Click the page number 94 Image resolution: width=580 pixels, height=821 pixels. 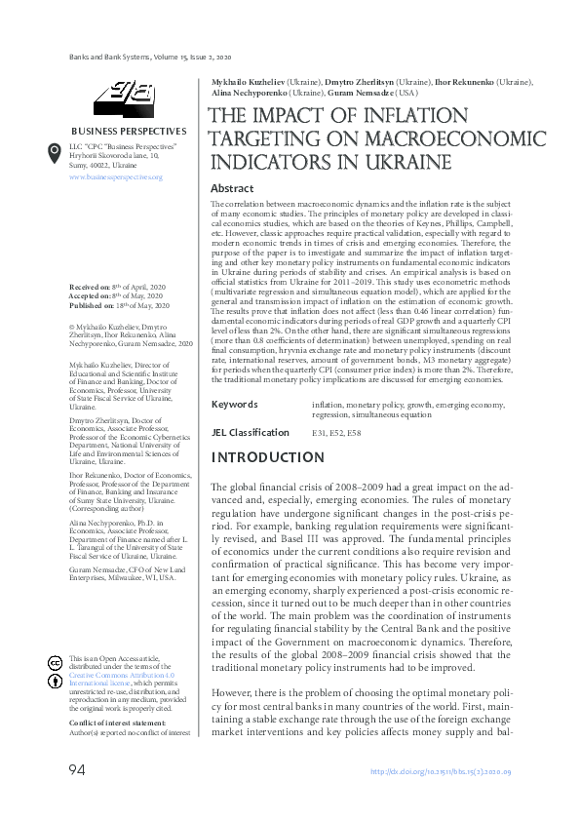[x=76, y=771]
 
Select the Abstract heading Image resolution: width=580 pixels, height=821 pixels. [x=232, y=188]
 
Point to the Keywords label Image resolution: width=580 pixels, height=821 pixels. [x=234, y=403]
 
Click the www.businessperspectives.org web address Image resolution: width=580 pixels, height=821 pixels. [x=115, y=177]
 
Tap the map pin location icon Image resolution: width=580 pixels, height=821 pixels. [x=55, y=153]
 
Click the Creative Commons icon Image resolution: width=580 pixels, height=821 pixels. [x=55, y=662]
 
